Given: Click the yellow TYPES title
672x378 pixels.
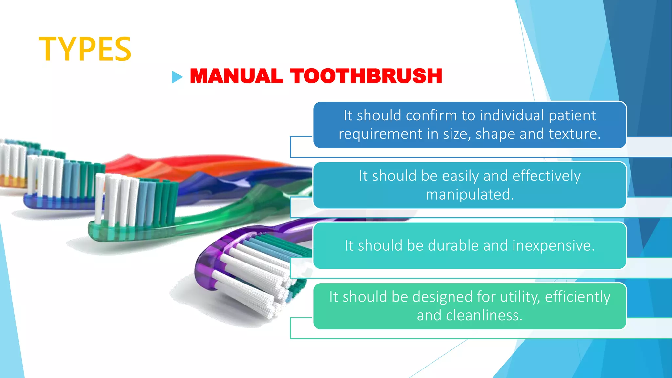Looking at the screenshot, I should point(85,49).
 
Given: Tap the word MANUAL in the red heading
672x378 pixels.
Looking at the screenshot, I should point(236,76).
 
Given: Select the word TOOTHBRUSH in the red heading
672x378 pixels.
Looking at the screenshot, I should point(366,76).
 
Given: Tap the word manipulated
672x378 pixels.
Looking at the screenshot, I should point(470,194).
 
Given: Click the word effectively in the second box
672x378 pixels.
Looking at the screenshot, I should point(546,176).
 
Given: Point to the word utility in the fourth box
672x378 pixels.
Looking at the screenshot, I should point(520,297).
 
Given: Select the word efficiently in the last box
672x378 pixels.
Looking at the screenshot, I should point(577,297).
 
